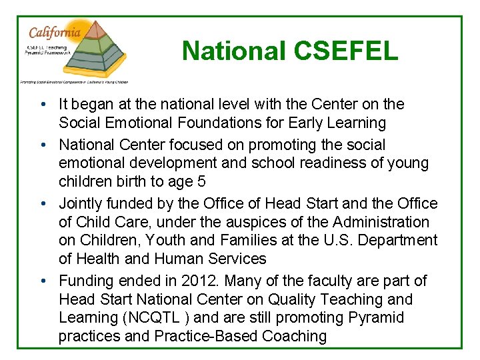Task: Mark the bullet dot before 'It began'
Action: [x=42, y=105]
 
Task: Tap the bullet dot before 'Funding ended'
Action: [x=42, y=281]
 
